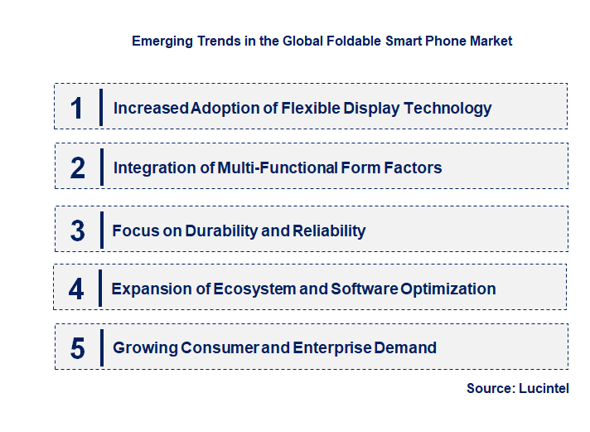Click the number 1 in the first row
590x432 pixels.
pos(77,108)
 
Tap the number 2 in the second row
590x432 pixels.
pos(78,168)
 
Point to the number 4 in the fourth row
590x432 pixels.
pos(77,289)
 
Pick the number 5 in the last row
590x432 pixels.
pos(78,348)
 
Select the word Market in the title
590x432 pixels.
pos(491,41)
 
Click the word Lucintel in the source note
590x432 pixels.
pos(543,388)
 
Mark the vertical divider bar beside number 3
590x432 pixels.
pos(100,230)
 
